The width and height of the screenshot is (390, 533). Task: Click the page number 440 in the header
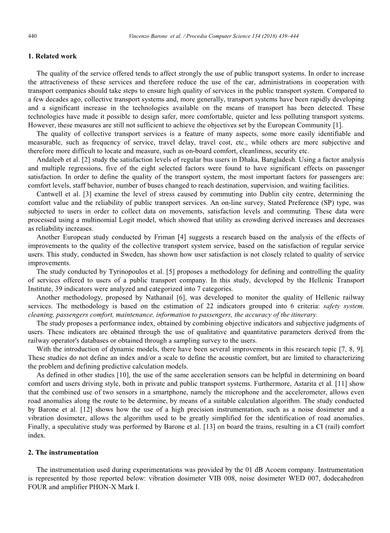(x=32, y=36)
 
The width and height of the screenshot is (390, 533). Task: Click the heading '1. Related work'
(x=52, y=56)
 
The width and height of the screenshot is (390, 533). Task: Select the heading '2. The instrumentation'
(x=63, y=452)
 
